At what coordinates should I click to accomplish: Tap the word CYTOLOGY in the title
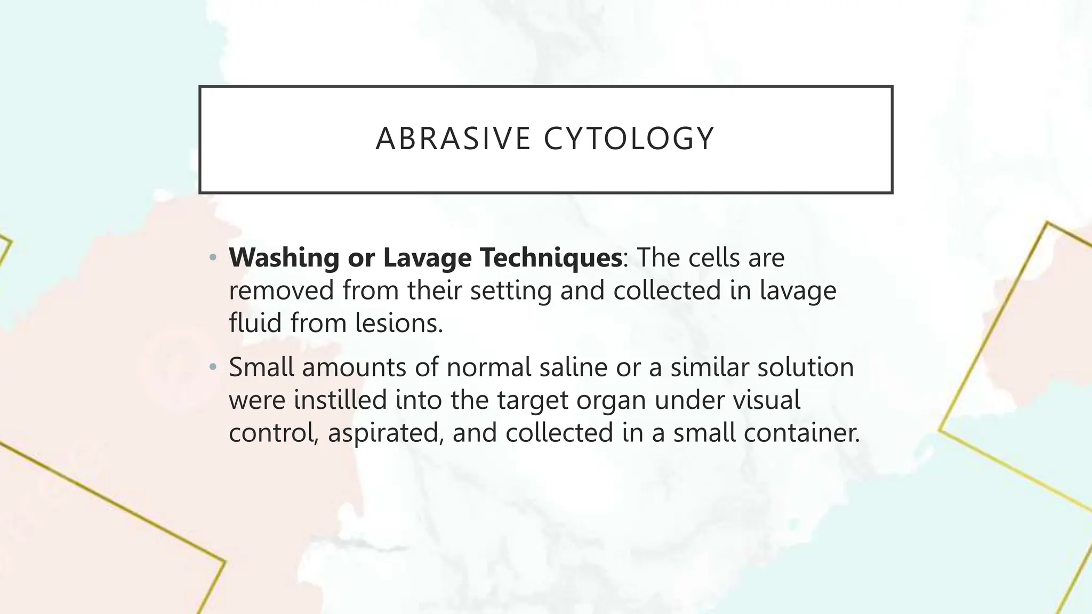point(629,139)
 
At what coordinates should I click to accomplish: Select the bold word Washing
point(284,258)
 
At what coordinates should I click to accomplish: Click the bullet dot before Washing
point(213,258)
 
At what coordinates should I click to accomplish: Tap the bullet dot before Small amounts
point(213,367)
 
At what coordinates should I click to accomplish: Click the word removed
point(281,291)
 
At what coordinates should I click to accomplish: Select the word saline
point(573,367)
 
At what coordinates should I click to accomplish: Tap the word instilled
point(340,400)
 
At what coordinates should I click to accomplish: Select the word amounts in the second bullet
point(354,367)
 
